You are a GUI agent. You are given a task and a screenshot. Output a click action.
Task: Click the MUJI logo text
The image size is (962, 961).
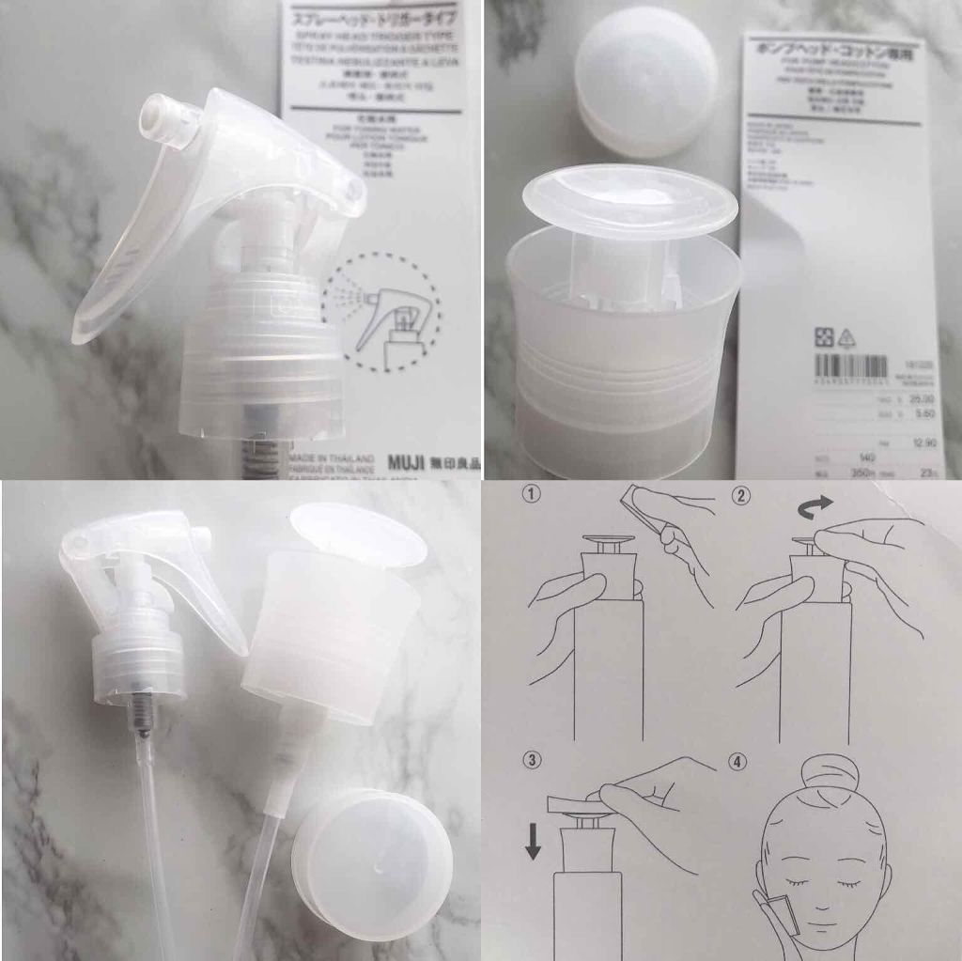coord(406,463)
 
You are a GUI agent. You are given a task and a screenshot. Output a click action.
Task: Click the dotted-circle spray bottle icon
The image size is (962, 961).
coord(381,311)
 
